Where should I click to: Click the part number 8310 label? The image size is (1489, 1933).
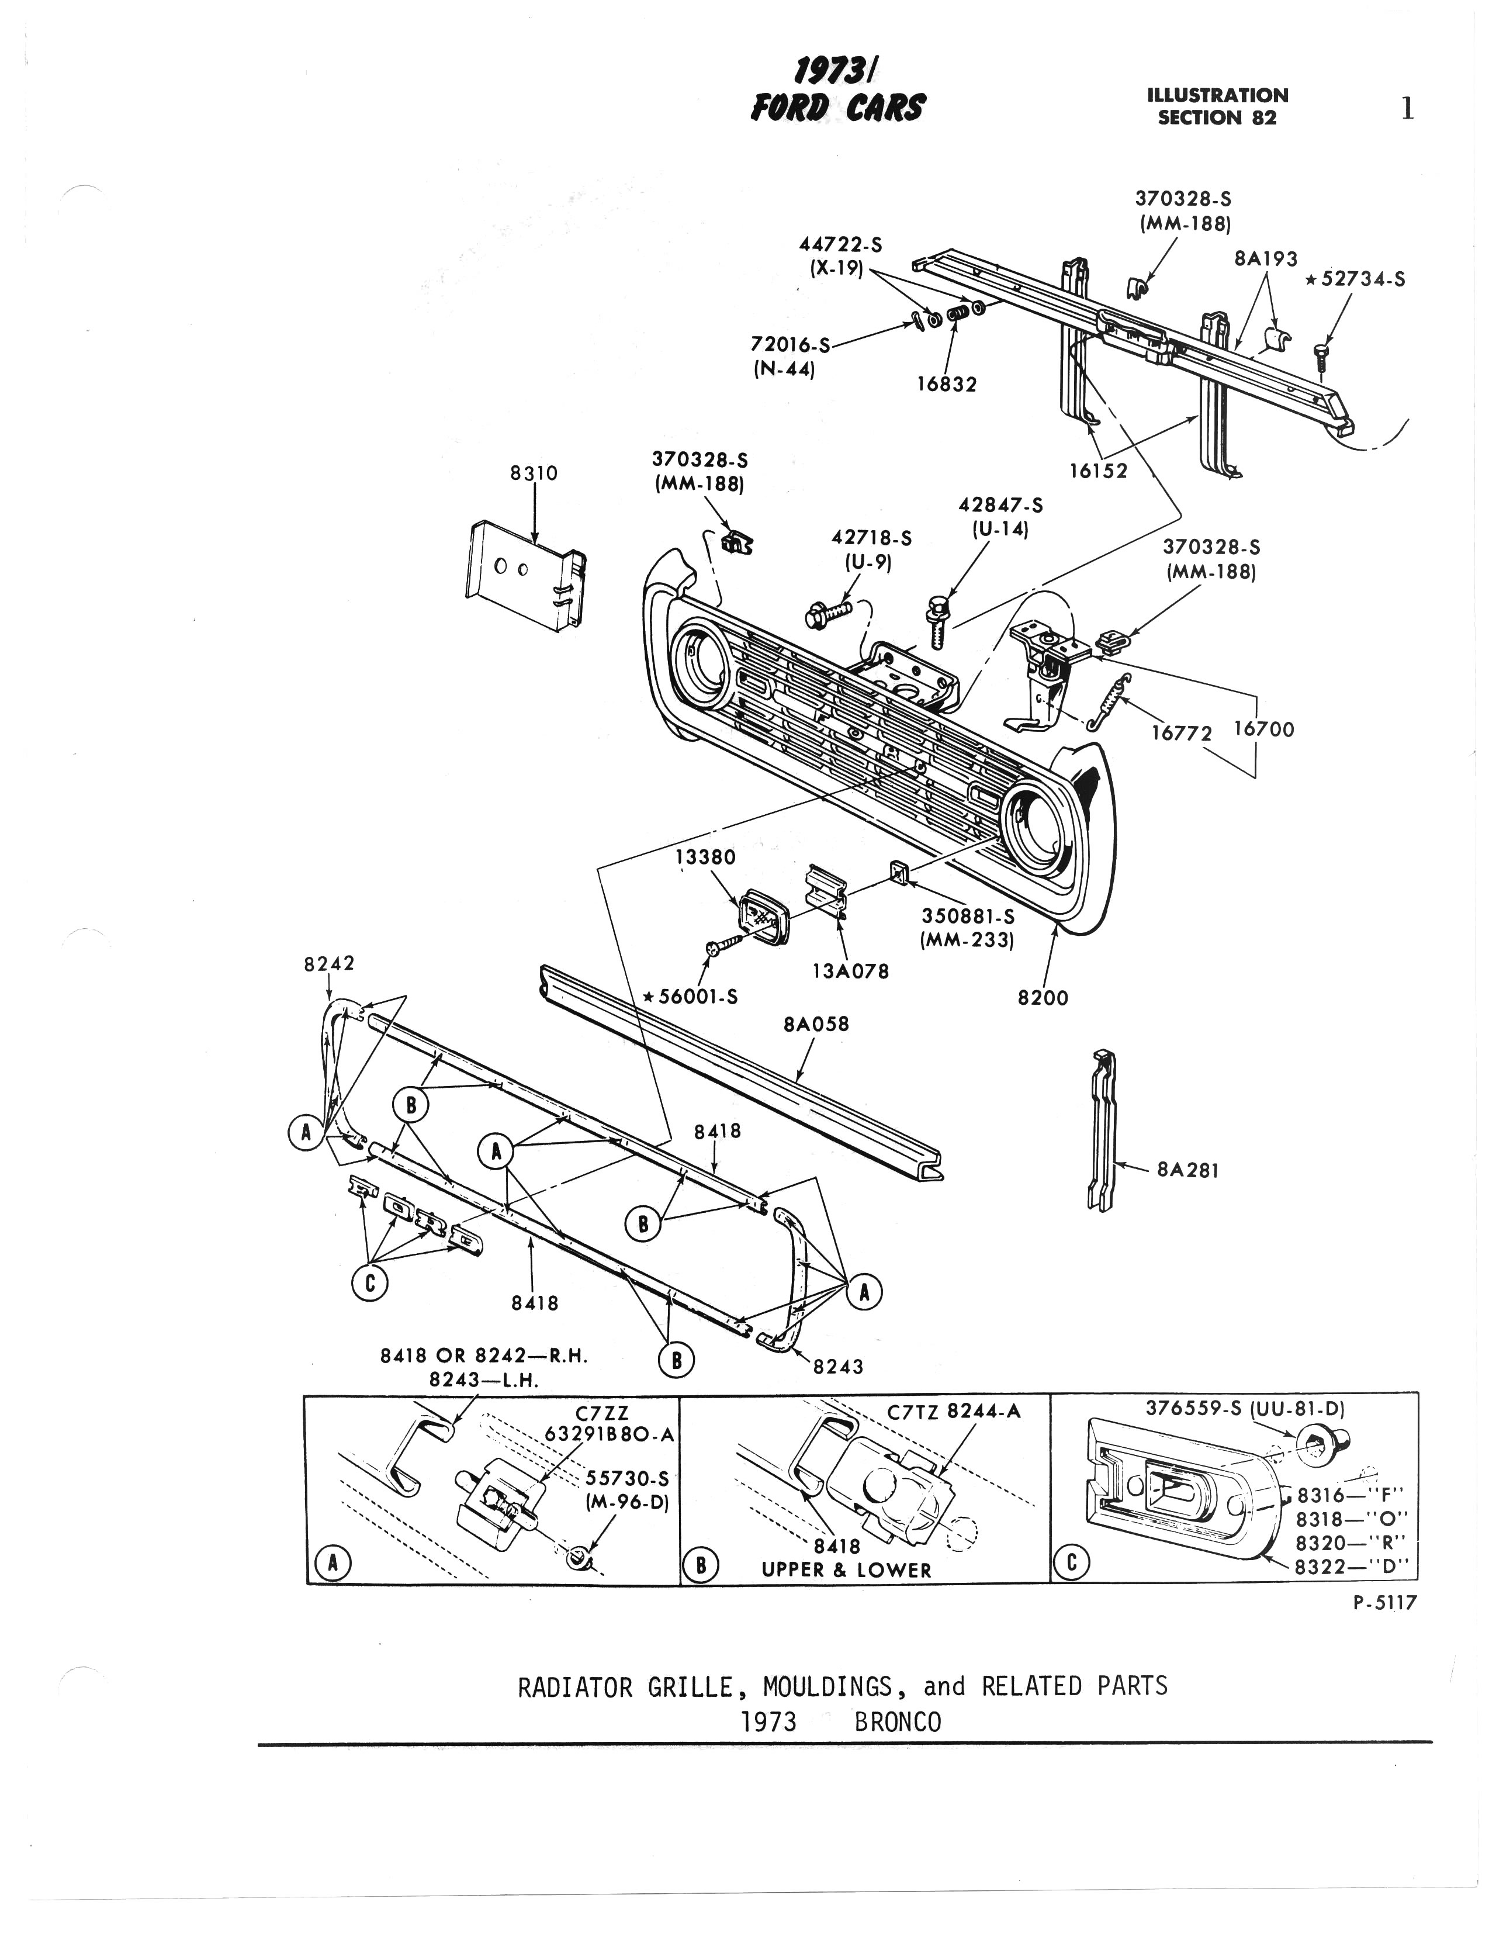(534, 473)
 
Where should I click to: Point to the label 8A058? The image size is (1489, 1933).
(816, 1024)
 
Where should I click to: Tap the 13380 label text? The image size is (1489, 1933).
(705, 857)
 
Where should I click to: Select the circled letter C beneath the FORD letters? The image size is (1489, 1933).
(370, 1284)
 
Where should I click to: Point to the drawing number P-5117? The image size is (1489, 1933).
(1384, 1602)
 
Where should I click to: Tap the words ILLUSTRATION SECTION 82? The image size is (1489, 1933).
(1217, 106)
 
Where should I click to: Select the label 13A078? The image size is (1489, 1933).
(851, 971)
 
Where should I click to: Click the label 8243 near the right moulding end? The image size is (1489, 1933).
(838, 1367)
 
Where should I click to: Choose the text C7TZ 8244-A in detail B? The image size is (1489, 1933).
(954, 1411)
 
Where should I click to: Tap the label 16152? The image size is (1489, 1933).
(1098, 471)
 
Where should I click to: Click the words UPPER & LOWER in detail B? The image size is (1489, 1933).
(847, 1570)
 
